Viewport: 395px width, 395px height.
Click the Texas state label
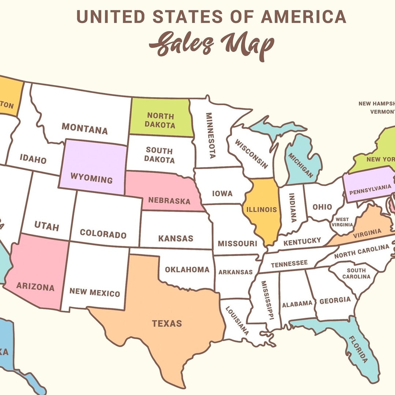click(167, 323)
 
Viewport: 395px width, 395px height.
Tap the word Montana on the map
click(84, 128)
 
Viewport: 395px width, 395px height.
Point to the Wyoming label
click(91, 179)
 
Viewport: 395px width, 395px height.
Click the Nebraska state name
click(169, 201)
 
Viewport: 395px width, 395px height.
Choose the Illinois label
click(261, 210)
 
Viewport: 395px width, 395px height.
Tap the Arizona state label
click(35, 287)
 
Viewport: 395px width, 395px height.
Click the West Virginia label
click(342, 222)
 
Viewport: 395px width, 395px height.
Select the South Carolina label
click(356, 274)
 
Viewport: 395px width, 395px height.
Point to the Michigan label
click(301, 165)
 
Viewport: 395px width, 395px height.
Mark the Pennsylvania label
click(370, 189)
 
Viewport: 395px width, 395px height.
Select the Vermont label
click(382, 112)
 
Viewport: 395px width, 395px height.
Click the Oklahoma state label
click(187, 270)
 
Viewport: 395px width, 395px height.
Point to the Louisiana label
click(237, 320)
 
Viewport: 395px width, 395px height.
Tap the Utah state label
click(46, 226)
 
